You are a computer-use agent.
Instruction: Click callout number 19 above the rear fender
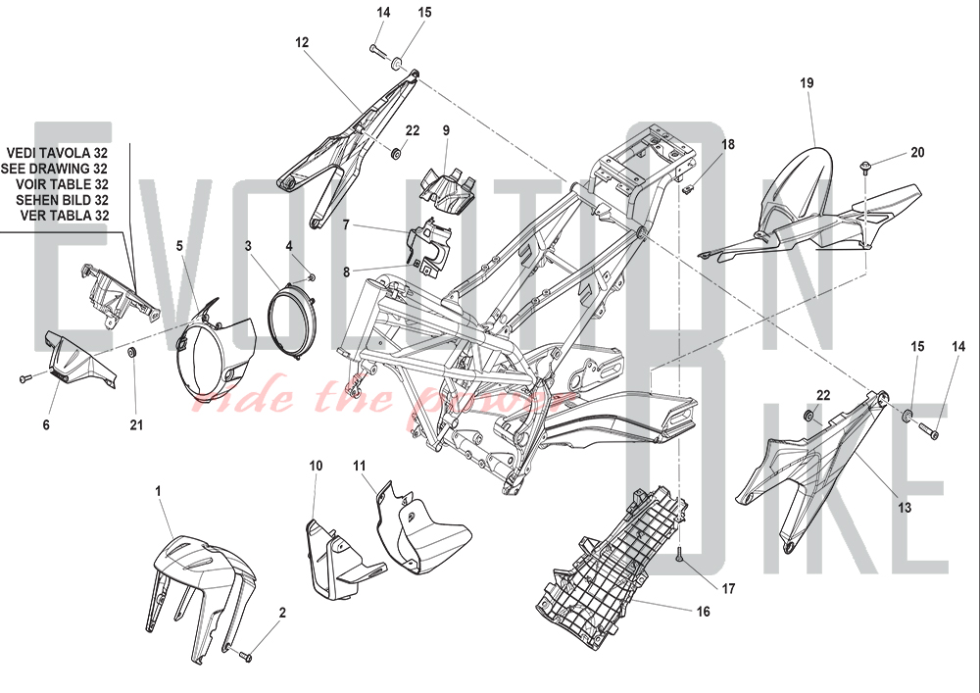tap(807, 83)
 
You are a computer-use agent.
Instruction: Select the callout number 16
tap(702, 612)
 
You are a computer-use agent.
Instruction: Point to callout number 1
tap(159, 489)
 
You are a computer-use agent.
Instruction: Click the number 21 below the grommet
tap(136, 424)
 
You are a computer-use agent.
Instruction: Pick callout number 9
tap(445, 130)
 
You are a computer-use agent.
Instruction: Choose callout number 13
tap(904, 508)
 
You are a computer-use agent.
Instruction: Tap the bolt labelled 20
tap(866, 167)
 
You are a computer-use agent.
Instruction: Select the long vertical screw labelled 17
tap(679, 556)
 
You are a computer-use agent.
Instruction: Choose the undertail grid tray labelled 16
tap(608, 569)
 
